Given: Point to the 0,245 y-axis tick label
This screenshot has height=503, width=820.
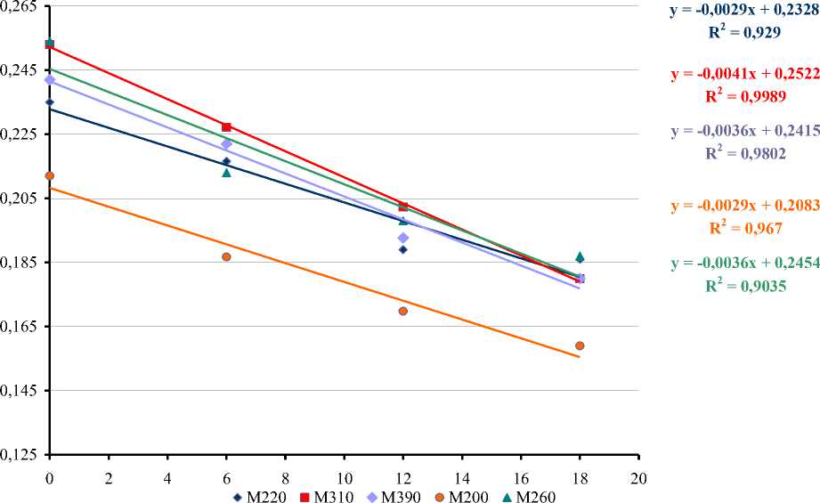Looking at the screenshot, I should (20, 69).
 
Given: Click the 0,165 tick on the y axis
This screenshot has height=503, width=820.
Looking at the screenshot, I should (20, 326).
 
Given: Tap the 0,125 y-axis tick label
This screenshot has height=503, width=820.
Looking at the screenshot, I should (20, 454).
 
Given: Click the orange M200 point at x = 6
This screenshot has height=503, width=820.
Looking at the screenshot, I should (226, 256).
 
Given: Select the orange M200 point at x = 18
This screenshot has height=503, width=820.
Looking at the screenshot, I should (580, 345).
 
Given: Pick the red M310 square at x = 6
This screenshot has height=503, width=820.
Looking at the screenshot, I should (226, 127).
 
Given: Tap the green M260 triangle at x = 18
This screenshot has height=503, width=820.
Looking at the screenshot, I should (580, 256).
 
